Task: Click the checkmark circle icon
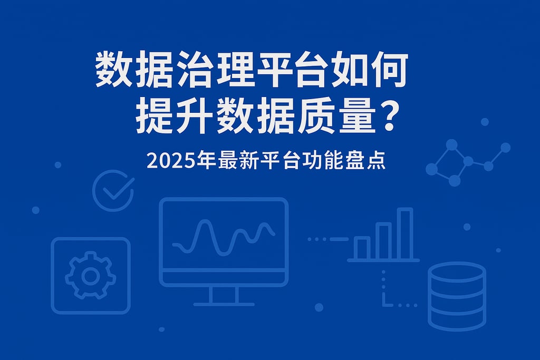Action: [x=113, y=190]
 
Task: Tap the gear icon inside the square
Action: [x=90, y=276]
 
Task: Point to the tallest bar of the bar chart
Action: [x=405, y=233]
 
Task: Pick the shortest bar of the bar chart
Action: [x=362, y=248]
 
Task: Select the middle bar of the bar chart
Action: [x=383, y=241]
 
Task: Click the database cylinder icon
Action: [x=457, y=296]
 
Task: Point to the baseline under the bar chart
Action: [x=383, y=260]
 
